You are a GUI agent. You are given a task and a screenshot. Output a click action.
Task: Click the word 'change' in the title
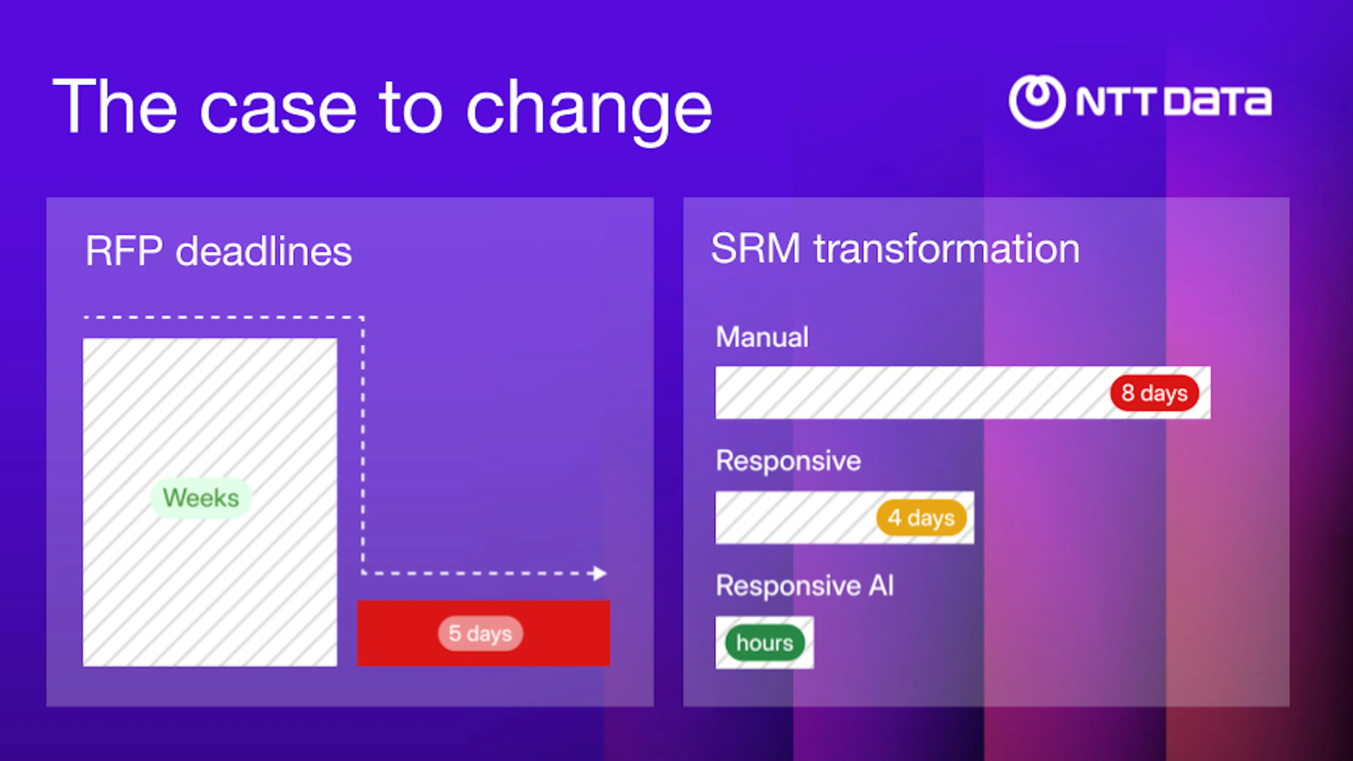click(x=588, y=108)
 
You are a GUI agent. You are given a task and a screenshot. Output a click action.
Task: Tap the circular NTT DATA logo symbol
click(x=1037, y=101)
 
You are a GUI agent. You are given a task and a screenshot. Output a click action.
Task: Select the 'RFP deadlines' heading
click(x=218, y=252)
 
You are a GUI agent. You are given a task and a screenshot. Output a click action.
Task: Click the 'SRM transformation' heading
click(x=895, y=249)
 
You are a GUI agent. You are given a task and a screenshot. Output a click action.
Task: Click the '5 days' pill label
click(x=480, y=633)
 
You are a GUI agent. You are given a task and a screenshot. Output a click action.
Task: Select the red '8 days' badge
click(x=1154, y=393)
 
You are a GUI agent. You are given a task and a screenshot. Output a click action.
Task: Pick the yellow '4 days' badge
click(x=921, y=518)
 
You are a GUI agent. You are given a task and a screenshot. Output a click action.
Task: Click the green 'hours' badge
click(x=764, y=643)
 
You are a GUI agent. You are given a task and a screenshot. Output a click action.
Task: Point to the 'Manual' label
click(x=761, y=337)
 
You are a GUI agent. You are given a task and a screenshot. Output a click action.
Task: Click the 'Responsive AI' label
click(x=804, y=586)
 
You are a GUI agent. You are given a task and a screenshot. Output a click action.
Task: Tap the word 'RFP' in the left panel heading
click(x=124, y=252)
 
